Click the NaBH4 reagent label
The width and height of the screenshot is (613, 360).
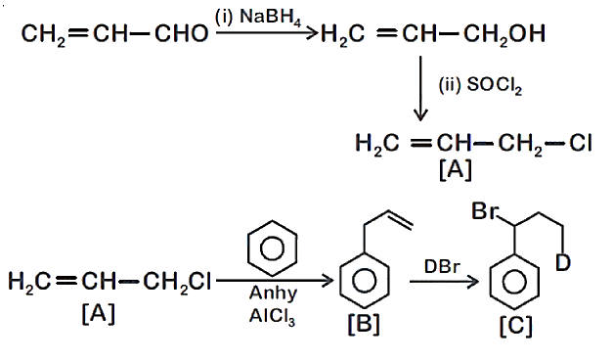coord(271,19)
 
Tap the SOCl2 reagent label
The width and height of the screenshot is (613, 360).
coord(495,85)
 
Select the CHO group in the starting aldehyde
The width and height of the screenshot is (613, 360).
coord(182,33)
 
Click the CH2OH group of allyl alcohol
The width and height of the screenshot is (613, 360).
coord(504,34)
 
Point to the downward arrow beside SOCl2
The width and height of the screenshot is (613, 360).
coord(420,88)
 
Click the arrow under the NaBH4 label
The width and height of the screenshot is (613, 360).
coord(267,33)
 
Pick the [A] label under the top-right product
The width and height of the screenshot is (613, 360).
coord(456,170)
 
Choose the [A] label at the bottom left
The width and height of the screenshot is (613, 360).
coord(99,313)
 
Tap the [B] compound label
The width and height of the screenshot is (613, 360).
coord(364,325)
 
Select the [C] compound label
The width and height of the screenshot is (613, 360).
coord(516,326)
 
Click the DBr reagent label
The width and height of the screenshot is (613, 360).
coord(442,267)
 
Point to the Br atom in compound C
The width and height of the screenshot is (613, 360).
coord(485,211)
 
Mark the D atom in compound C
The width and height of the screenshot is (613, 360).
coord(563,263)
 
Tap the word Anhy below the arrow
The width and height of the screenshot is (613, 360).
coord(273,293)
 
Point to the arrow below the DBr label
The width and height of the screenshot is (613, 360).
coord(445,282)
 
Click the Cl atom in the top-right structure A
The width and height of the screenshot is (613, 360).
coord(581,143)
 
